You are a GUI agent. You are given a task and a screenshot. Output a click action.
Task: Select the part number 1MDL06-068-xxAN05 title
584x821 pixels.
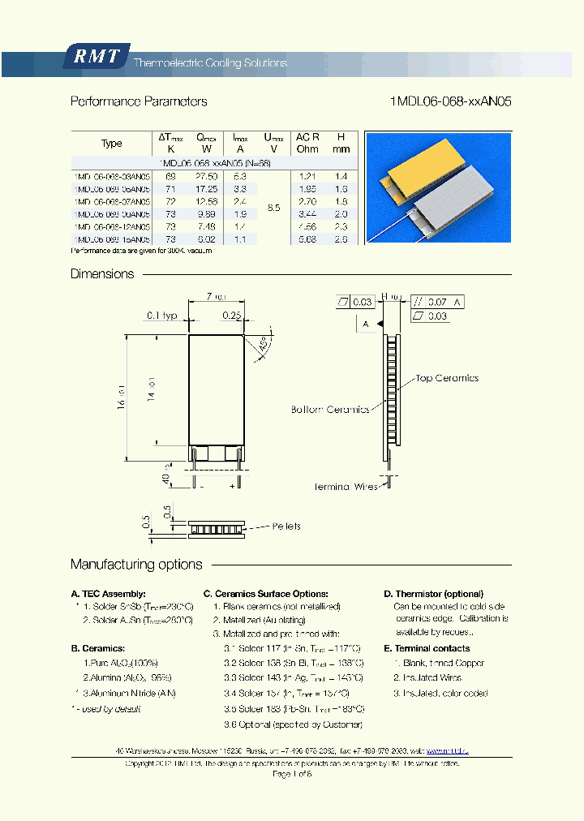(450, 101)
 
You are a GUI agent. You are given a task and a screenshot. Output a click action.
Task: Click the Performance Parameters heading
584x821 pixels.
(139, 101)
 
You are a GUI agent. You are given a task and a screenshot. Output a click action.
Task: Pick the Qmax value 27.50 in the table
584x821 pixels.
(208, 176)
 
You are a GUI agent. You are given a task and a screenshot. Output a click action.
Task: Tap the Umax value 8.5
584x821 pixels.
(273, 208)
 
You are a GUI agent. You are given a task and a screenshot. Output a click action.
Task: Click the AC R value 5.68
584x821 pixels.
(307, 239)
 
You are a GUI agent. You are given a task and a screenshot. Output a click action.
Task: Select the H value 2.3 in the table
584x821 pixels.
(341, 227)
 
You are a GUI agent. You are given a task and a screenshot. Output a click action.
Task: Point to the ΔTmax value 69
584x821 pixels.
(170, 176)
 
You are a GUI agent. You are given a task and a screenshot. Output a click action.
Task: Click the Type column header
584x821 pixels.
(112, 144)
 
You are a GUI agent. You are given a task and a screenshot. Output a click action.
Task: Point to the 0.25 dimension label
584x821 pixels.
(233, 315)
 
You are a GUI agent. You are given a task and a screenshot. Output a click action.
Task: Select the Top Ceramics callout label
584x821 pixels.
(447, 378)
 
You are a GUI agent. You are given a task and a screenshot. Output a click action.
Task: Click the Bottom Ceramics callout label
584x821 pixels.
(330, 410)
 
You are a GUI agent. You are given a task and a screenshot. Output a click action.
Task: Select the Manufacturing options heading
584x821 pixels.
(136, 564)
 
